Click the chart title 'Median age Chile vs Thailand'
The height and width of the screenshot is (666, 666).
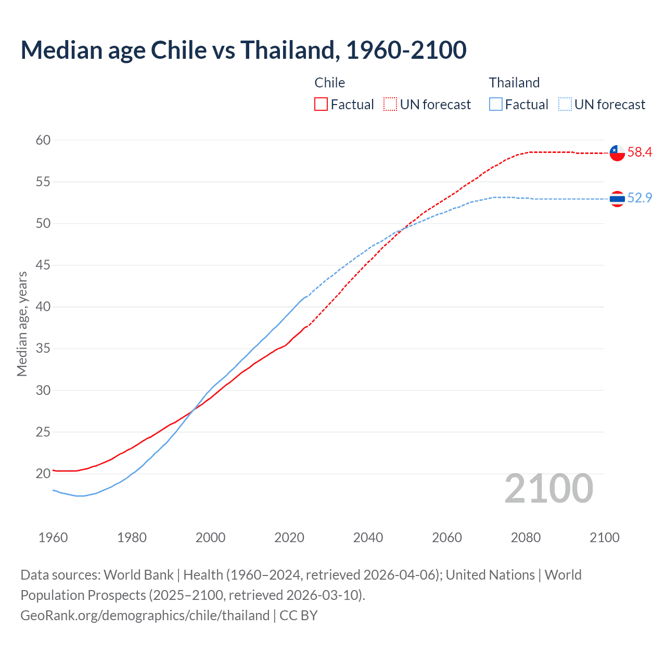[x=244, y=50]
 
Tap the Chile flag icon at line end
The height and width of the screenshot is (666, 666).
[x=617, y=152]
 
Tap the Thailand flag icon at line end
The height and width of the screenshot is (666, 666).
[x=617, y=199]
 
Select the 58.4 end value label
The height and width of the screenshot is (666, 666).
[x=639, y=152]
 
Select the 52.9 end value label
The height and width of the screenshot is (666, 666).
[x=639, y=198]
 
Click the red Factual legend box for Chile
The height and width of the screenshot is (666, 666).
[x=321, y=105]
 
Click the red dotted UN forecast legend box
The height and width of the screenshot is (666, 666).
[x=390, y=105]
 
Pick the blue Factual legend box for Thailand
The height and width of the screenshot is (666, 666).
[x=496, y=105]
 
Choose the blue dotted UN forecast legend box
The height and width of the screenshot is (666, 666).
[x=565, y=105]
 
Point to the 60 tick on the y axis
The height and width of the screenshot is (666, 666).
[x=43, y=140]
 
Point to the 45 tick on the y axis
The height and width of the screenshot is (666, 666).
[x=43, y=265]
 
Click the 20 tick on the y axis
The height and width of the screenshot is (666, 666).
[x=43, y=473]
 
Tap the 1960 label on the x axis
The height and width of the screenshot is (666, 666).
[x=53, y=537]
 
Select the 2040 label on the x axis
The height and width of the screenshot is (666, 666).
[x=368, y=537]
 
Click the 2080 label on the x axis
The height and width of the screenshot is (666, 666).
[x=526, y=537]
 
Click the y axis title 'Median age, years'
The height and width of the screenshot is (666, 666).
[x=22, y=324]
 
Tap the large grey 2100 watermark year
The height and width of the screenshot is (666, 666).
[x=549, y=489]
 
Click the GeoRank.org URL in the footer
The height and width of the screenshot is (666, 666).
[x=145, y=616]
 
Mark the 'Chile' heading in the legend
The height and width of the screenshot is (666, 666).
[x=330, y=83]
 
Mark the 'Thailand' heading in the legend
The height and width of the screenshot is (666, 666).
[x=514, y=83]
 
